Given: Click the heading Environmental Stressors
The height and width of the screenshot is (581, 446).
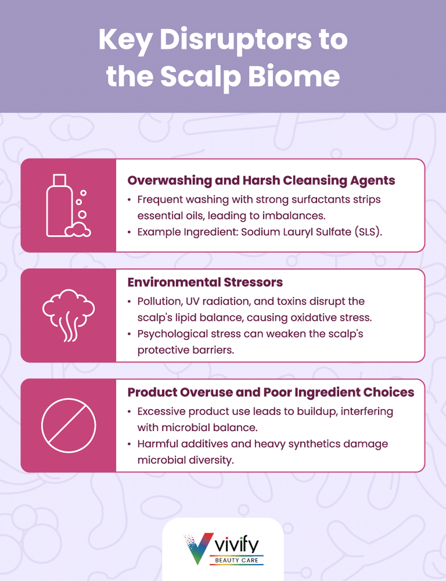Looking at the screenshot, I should tap(205, 282).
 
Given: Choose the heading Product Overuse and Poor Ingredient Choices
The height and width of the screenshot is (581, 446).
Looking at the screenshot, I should tap(270, 392).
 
